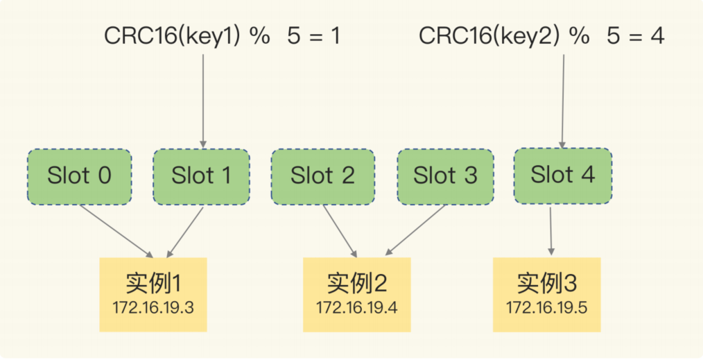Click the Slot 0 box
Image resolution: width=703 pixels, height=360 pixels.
pos(79,177)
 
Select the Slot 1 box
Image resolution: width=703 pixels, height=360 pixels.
pos(201,177)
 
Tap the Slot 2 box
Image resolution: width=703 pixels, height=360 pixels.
pos(323,177)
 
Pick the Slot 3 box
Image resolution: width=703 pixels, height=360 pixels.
pos(445,177)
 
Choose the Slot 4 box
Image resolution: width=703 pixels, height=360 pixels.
pos(563,175)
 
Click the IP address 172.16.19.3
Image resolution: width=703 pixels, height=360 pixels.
pos(153,308)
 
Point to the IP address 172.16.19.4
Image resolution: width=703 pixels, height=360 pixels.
pos(356,308)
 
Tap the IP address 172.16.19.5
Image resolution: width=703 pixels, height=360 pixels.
pos(546,308)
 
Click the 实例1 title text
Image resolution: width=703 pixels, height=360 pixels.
pos(153,282)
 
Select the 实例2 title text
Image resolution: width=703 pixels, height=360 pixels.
pos(357,282)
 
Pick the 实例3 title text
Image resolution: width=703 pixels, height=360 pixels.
pos(547,282)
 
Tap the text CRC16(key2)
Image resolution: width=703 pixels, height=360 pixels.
pos(489,36)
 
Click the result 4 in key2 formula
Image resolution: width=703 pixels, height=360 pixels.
pos(657,36)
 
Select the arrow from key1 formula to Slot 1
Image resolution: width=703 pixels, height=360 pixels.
pos(203,101)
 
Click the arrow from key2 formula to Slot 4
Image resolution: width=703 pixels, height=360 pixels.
pos(563,101)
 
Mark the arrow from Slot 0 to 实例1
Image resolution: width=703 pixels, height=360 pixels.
pos(116,232)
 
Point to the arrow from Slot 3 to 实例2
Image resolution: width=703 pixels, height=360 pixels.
pos(415,230)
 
